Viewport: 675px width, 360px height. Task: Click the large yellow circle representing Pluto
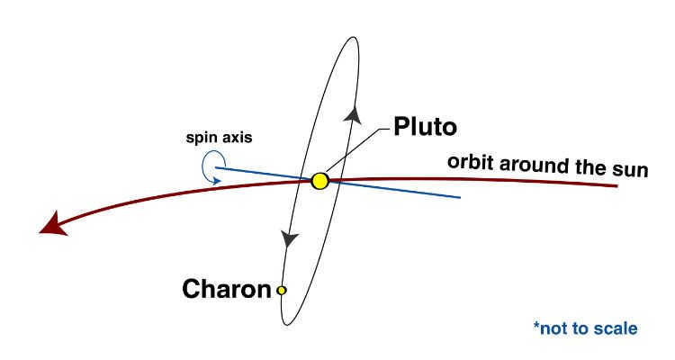(319, 181)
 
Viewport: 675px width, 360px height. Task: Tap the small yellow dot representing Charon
(281, 291)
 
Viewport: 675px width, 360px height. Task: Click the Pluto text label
(425, 127)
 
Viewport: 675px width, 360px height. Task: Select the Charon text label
(227, 289)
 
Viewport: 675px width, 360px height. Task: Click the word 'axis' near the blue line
(236, 138)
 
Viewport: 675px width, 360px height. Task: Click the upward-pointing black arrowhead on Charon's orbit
(353, 114)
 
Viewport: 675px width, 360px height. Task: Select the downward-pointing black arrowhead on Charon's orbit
(289, 238)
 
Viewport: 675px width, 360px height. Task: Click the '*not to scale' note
(586, 328)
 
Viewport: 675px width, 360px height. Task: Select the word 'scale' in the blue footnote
(616, 328)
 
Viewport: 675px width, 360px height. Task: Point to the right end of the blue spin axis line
(461, 198)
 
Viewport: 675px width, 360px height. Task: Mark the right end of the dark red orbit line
(617, 186)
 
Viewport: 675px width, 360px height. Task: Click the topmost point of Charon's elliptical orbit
(354, 37)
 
